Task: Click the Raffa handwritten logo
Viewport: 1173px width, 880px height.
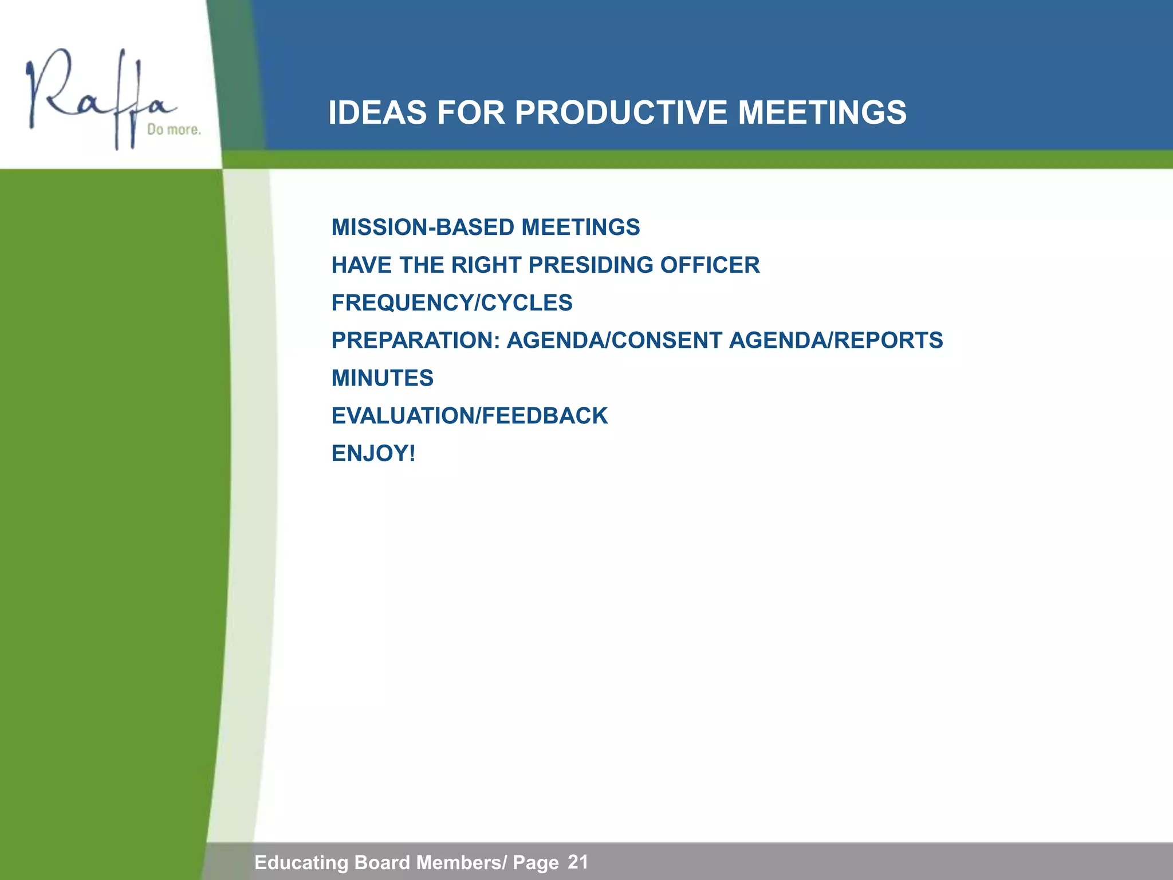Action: [97, 97]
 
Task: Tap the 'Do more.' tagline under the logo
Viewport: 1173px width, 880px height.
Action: [174, 129]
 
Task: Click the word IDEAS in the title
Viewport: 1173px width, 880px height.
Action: [378, 112]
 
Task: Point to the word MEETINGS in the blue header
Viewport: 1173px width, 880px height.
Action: [822, 112]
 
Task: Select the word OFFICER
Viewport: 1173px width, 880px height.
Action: [710, 265]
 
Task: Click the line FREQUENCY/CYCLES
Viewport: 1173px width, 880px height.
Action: [452, 303]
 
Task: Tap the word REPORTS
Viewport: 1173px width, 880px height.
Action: [888, 340]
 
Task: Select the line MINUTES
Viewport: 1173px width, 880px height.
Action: [383, 378]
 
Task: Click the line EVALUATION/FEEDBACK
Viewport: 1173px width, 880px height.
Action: [470, 416]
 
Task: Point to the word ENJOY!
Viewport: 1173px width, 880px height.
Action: [373, 454]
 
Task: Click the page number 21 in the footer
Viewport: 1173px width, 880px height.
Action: [578, 862]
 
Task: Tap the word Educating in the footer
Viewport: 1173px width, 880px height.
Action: [301, 862]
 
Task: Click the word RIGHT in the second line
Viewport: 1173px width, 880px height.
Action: [486, 265]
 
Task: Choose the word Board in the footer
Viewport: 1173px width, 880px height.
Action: [383, 862]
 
